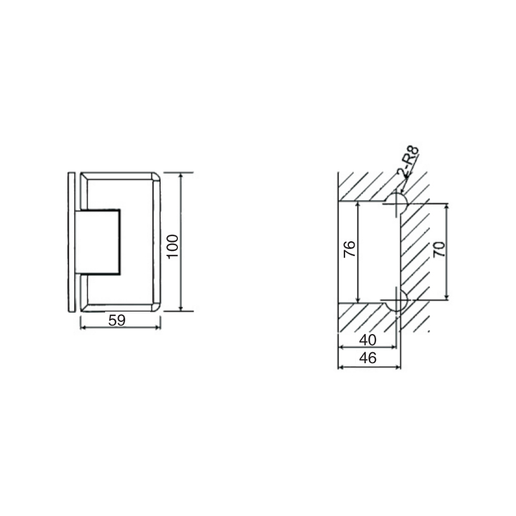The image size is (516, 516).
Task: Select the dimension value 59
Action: click(x=117, y=319)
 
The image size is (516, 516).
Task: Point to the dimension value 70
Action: click(x=439, y=250)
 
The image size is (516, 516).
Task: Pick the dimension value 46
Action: click(x=367, y=359)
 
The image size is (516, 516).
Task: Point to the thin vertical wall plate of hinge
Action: click(x=71, y=242)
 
